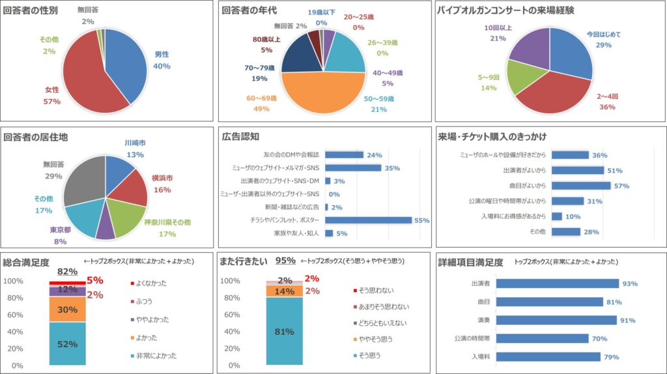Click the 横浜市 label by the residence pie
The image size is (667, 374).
[x=162, y=178]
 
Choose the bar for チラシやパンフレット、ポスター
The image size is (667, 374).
[x=368, y=220]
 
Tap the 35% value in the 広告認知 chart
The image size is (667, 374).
[x=392, y=168]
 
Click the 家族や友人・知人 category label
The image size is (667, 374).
[x=296, y=233]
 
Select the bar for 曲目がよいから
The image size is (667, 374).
[x=581, y=186]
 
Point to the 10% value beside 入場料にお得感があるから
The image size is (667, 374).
[x=573, y=216]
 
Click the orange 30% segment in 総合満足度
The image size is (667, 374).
[x=67, y=309]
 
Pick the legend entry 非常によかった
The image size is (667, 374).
[x=156, y=356]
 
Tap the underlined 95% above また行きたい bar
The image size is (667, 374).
[x=285, y=261]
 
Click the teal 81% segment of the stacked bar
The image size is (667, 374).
[x=284, y=332]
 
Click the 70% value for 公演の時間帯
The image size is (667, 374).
[x=600, y=339]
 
